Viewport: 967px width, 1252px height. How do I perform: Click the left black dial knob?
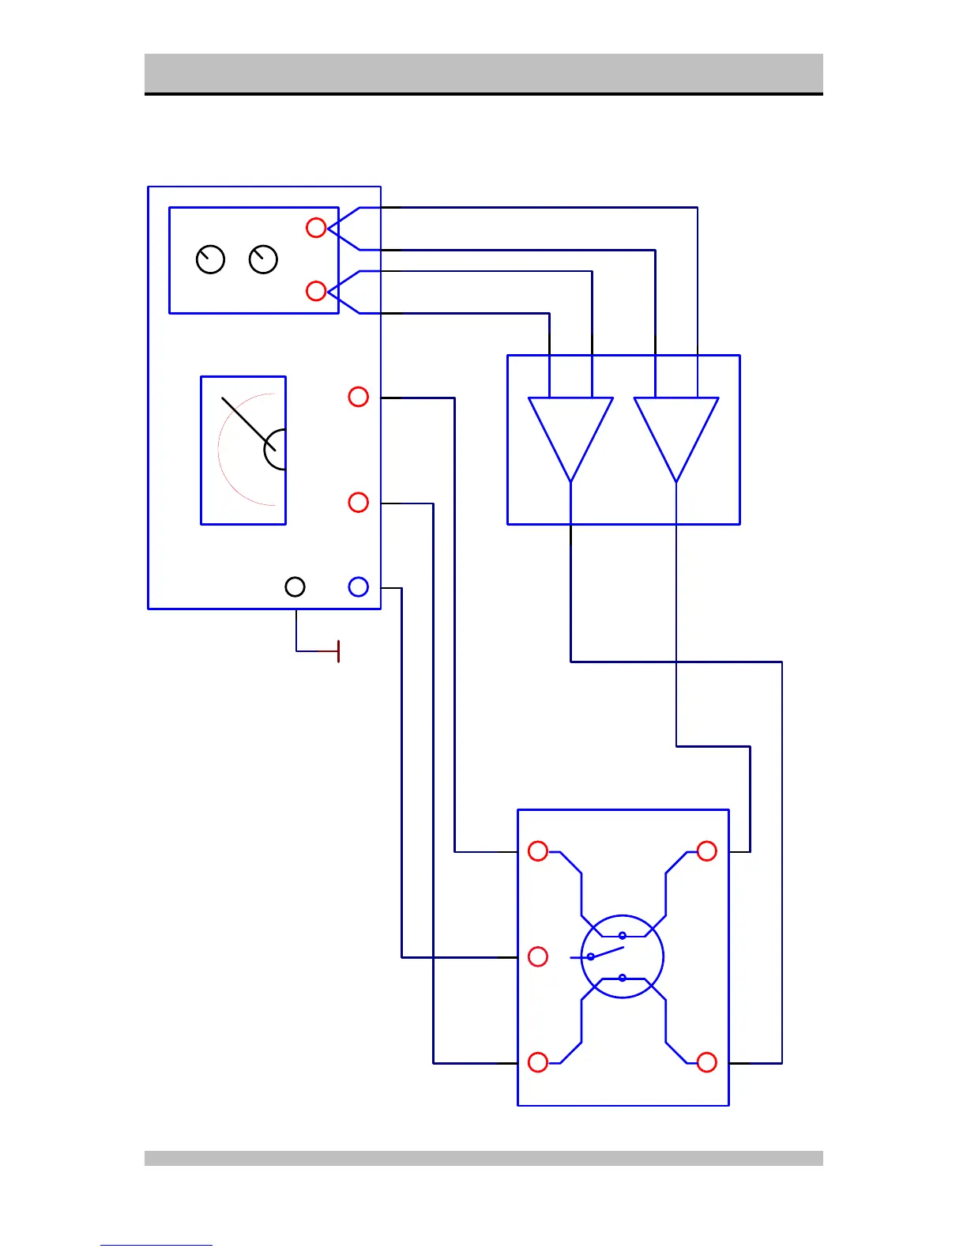(210, 259)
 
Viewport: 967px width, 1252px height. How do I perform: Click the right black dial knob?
(263, 259)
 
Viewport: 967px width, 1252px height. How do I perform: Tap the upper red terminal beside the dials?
(316, 228)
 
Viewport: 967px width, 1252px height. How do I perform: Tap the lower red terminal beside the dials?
(316, 291)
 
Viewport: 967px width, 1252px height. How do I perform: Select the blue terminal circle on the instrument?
(359, 586)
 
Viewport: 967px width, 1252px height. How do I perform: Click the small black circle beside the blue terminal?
(295, 586)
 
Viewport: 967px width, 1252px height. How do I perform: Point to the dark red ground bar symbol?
(338, 651)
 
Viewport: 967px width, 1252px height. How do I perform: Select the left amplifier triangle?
(570, 431)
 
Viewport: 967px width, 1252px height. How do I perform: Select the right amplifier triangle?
(676, 431)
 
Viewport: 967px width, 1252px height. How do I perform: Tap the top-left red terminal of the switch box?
(538, 851)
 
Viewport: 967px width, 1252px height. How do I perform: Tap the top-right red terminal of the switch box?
(707, 851)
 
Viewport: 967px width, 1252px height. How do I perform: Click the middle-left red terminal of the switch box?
(538, 956)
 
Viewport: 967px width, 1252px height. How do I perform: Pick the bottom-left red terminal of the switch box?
(538, 1062)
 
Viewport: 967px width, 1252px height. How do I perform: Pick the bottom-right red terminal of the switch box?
(707, 1062)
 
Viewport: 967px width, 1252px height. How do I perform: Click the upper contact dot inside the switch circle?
(623, 936)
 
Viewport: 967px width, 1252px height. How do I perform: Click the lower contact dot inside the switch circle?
(623, 978)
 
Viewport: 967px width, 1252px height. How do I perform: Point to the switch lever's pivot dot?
(590, 956)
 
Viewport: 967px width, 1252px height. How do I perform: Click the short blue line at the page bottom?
(156, 1245)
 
